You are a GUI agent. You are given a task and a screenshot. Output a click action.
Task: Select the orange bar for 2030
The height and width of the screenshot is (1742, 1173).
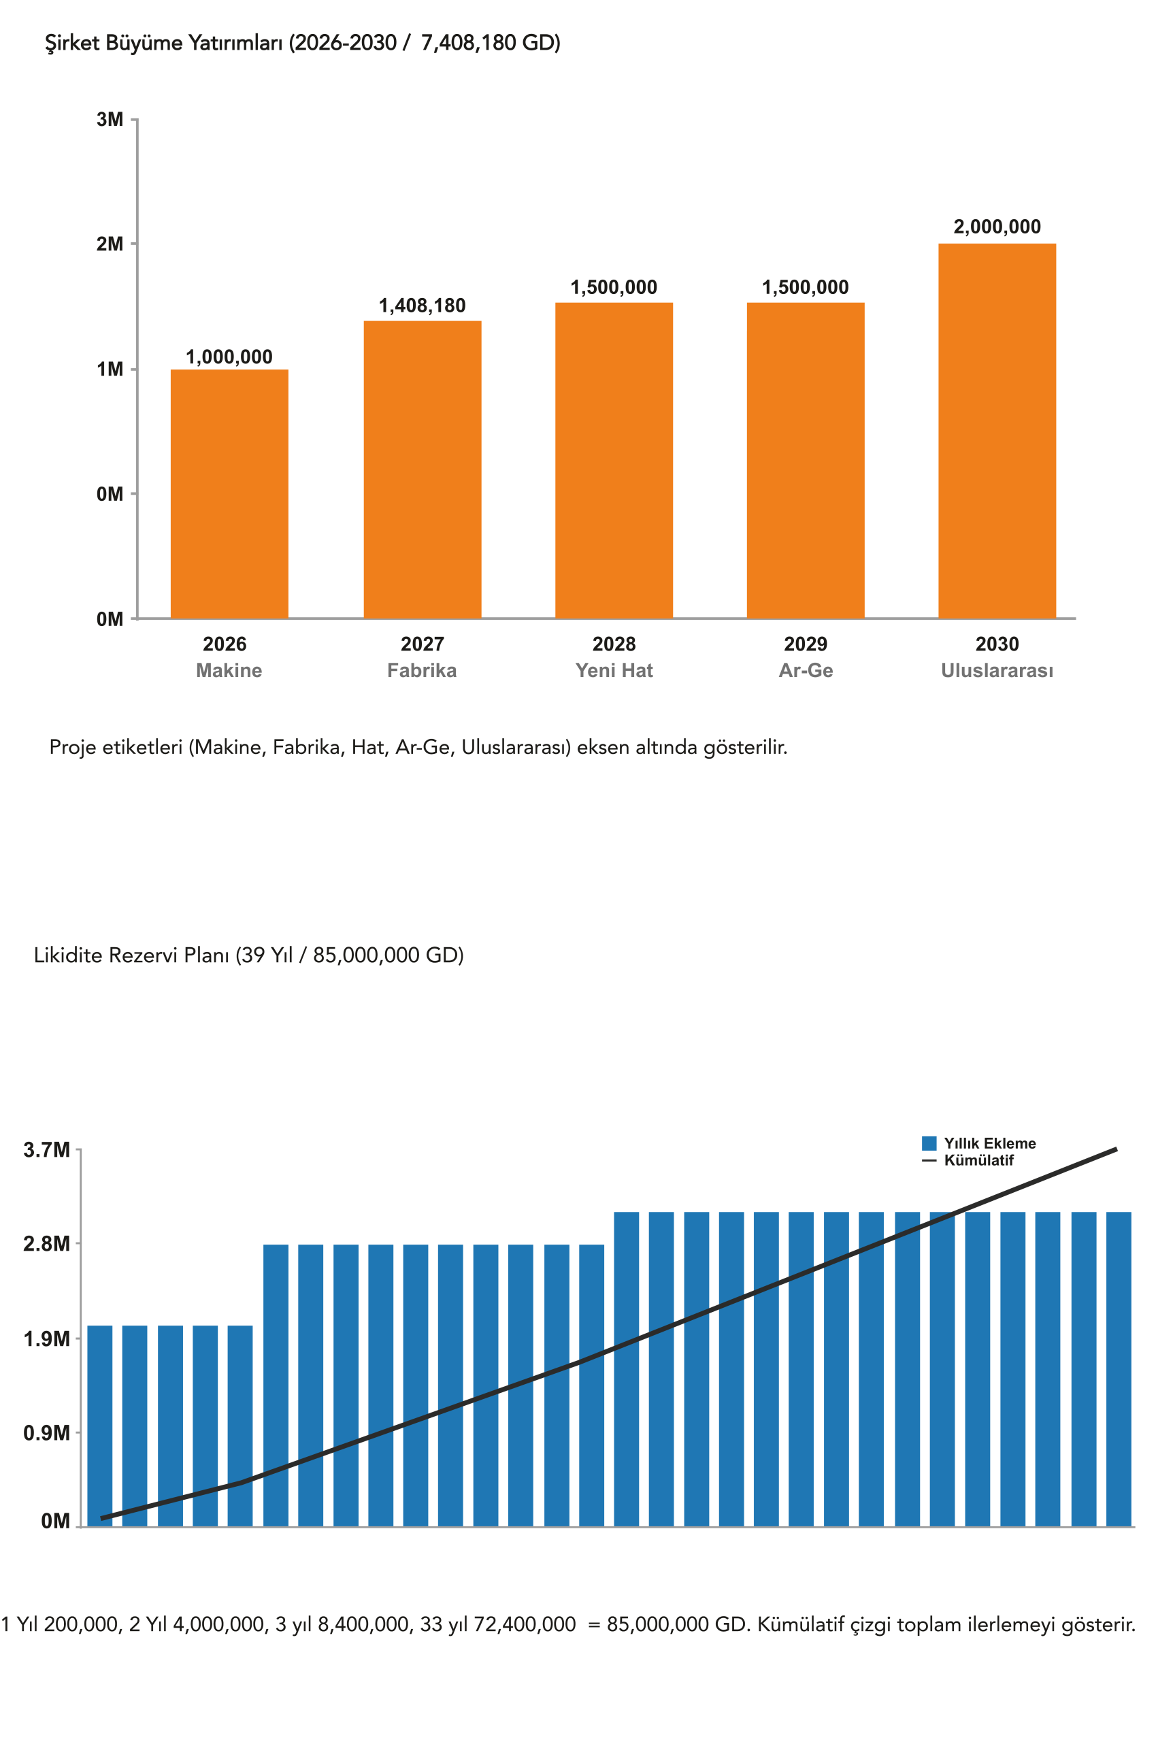coord(997,430)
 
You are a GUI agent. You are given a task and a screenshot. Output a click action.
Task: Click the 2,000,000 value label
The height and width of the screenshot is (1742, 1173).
coord(997,227)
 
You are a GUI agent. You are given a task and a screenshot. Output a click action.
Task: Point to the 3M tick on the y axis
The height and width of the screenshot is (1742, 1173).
coord(110,120)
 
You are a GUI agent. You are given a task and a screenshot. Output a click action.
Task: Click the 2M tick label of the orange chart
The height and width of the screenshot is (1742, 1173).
coord(110,244)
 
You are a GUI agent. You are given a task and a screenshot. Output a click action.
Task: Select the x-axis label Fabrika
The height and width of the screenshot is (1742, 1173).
coord(421,670)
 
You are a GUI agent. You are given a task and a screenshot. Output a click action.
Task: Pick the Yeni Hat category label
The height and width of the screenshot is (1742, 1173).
coord(614,670)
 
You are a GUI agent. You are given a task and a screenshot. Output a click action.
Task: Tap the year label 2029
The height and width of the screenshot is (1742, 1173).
coord(805,643)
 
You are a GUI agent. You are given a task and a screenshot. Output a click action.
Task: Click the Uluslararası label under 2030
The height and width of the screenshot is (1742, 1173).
coord(997,670)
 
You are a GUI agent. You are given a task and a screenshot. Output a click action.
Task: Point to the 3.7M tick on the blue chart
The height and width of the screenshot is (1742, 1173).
coord(46,1149)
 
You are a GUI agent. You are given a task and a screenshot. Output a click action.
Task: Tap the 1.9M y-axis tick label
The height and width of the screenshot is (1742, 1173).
coord(46,1338)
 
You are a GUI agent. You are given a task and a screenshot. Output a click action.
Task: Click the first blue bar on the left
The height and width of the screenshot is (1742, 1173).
coord(100,1425)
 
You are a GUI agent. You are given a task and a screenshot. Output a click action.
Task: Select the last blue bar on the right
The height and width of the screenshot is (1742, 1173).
coord(1119,1369)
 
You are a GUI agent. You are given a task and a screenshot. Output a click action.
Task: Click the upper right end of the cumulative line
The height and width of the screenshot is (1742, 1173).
coord(1116,1148)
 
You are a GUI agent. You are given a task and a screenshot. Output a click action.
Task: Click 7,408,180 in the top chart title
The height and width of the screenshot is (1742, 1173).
coord(467,43)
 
